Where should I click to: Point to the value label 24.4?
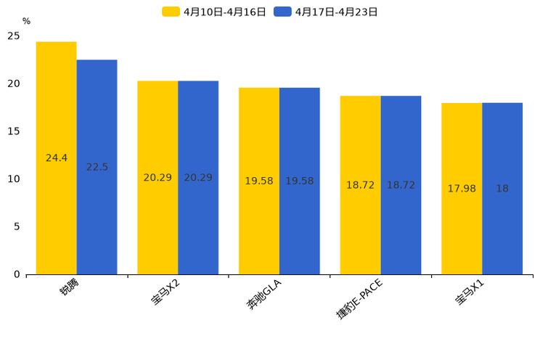[x=56, y=158]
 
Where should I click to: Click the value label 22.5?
[x=97, y=167]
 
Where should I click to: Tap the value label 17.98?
[x=462, y=189]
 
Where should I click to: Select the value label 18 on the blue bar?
[x=502, y=189]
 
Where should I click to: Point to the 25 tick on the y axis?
[x=14, y=36]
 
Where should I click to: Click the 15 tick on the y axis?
[x=14, y=131]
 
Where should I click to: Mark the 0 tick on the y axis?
[x=17, y=274]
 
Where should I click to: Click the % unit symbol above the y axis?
[x=26, y=22]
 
